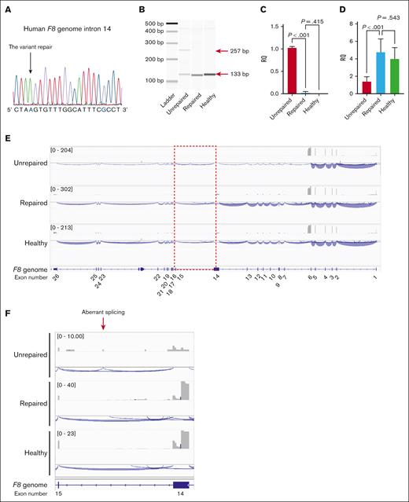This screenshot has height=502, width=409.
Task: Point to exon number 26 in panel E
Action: point(56,277)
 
